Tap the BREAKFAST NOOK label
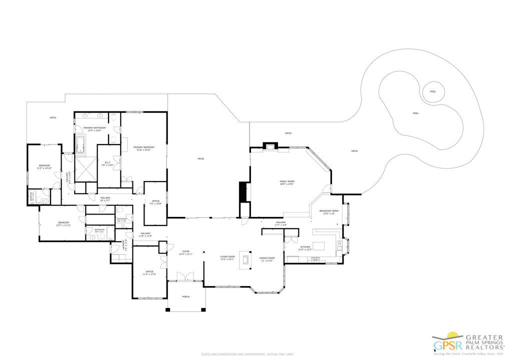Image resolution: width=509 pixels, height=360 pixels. pos(329,211)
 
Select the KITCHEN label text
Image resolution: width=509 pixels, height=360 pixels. pos(305,247)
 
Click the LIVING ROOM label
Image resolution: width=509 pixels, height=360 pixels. pos(227,256)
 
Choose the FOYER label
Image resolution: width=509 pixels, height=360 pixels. pos(185,251)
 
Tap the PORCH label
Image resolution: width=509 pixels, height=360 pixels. pos(185,296)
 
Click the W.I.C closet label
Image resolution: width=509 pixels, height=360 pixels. pos(107,162)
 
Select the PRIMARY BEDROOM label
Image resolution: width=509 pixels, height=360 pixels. pos(143,147)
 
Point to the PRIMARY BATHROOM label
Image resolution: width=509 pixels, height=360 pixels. pos(94,128)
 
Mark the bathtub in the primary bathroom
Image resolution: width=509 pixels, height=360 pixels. pos(80,143)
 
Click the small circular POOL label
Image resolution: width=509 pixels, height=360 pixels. pos(433,91)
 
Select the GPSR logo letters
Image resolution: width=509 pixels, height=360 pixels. pos(444,345)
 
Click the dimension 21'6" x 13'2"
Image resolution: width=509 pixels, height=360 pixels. pos(305,249)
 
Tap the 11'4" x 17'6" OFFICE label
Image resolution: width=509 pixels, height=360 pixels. pos(149,273)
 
